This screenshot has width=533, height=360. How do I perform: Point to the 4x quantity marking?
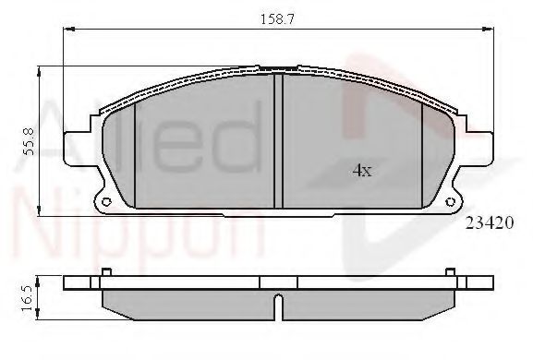(x=362, y=170)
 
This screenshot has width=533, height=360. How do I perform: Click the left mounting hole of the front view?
(x=105, y=202)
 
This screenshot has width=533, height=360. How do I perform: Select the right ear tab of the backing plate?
(x=478, y=150)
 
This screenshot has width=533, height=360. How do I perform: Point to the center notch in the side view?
(x=278, y=302)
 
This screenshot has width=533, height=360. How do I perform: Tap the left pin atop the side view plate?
(x=107, y=271)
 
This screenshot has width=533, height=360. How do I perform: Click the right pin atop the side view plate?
(x=448, y=271)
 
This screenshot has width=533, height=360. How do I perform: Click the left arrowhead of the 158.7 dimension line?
(x=67, y=30)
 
